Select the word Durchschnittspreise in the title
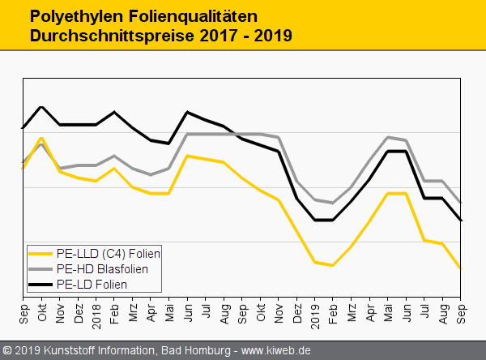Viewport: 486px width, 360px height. tap(105, 36)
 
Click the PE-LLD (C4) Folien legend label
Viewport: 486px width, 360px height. tap(109, 252)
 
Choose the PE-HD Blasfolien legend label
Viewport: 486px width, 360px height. tap(102, 268)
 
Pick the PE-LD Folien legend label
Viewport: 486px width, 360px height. tap(92, 284)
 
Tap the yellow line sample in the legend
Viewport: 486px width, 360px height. tap(40, 252)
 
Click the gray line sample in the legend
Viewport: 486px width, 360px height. tap(40, 268)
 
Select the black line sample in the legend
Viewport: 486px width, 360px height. tap(40, 284)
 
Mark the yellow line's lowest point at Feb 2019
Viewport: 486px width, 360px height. tap(332, 265)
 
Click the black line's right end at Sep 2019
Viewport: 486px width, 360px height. tap(460, 220)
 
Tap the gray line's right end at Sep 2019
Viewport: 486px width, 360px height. tap(460, 202)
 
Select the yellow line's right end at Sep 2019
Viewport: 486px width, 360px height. tap(460, 268)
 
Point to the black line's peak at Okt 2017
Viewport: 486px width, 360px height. tap(41, 107)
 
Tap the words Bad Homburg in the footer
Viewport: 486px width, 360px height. tap(194, 350)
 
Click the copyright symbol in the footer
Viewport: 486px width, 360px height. tap(8, 350)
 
